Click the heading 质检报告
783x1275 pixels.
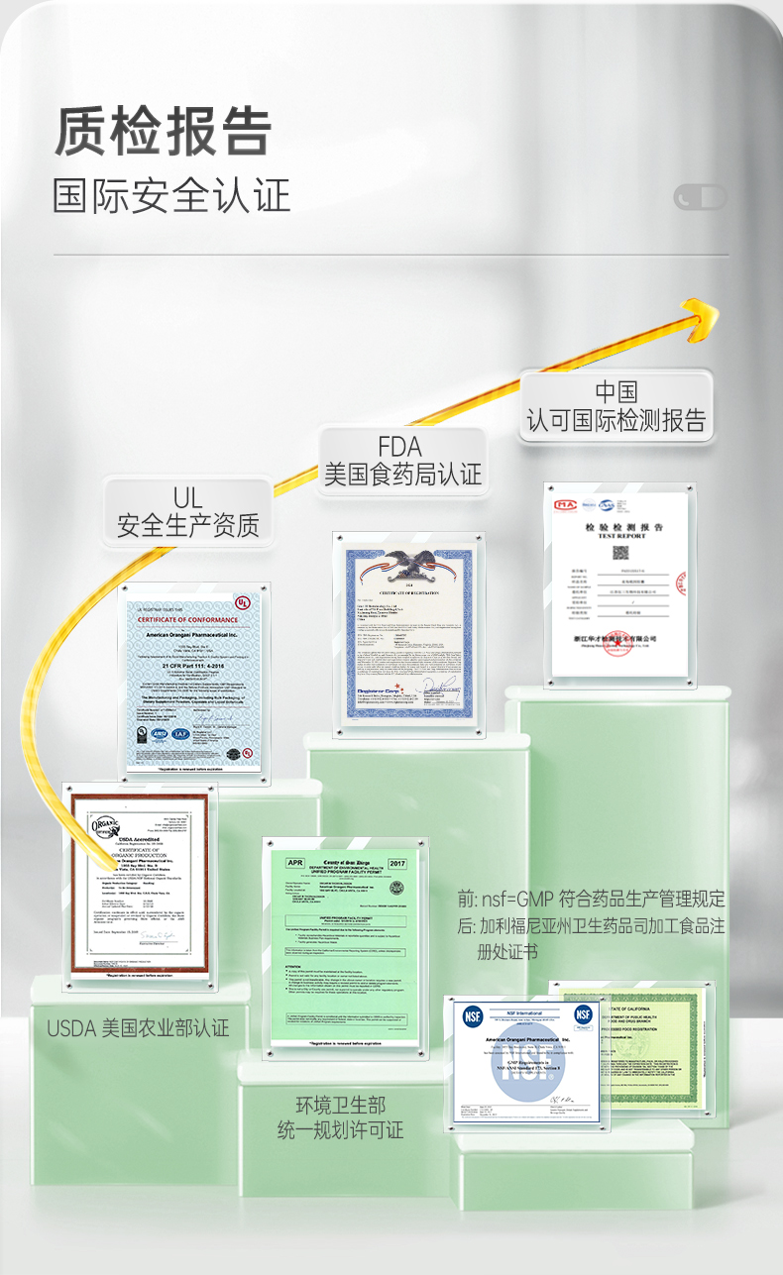click(x=163, y=131)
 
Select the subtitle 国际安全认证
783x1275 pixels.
click(x=171, y=195)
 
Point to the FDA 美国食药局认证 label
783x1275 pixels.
click(x=402, y=461)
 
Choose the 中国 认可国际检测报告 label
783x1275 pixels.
click(x=616, y=406)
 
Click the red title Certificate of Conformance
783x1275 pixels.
click(x=187, y=620)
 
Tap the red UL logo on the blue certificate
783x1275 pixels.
click(x=242, y=602)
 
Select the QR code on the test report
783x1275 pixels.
click(x=620, y=553)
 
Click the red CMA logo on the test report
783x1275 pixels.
click(x=566, y=504)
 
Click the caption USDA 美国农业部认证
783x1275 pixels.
click(x=138, y=1028)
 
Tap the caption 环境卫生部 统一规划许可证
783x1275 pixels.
click(x=340, y=1116)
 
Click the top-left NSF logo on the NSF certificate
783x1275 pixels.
click(x=473, y=1016)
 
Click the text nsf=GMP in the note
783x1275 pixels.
click(x=518, y=900)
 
